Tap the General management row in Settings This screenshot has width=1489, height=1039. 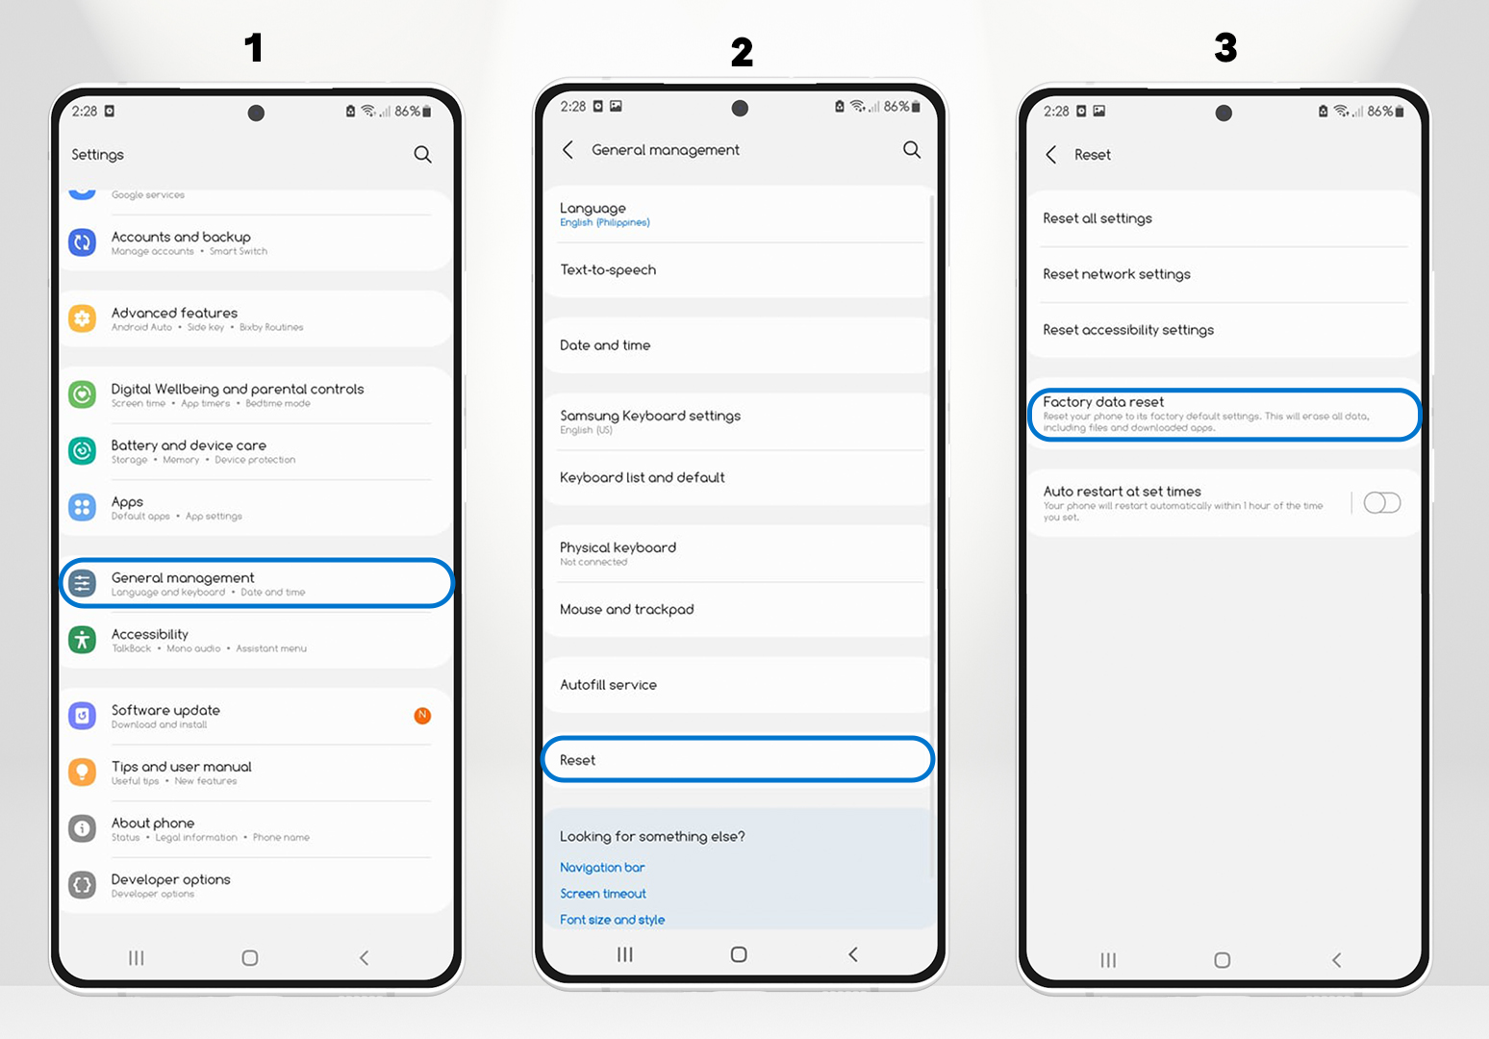[x=256, y=584]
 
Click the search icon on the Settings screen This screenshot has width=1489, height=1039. [x=422, y=155]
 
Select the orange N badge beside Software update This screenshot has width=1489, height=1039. [x=422, y=715]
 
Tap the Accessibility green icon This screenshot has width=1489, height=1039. [x=83, y=639]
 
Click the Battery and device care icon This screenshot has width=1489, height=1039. [x=83, y=450]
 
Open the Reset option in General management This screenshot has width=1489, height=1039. [x=737, y=760]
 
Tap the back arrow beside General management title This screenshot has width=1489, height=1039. [x=568, y=150]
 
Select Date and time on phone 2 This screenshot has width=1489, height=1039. [x=605, y=345]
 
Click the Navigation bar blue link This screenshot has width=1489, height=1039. [x=602, y=868]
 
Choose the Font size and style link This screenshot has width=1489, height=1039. [x=612, y=920]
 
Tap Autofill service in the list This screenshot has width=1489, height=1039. [x=608, y=685]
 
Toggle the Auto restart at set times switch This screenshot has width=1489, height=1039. [x=1381, y=503]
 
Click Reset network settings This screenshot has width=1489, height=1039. [x=1117, y=274]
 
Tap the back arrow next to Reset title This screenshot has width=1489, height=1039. [x=1051, y=155]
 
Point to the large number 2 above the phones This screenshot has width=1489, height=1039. [x=741, y=52]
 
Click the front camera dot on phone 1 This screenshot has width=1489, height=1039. [x=256, y=113]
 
